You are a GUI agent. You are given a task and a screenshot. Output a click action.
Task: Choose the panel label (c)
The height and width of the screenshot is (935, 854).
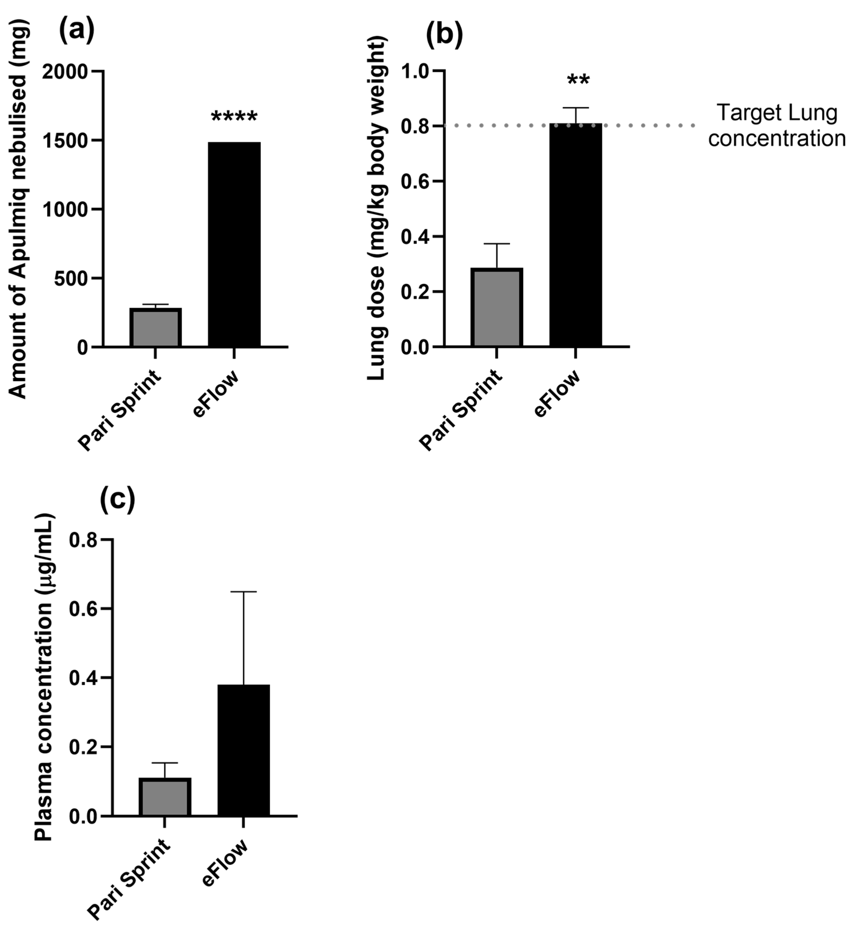[x=117, y=500]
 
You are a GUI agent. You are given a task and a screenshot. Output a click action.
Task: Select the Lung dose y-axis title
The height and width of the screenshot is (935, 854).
[x=377, y=209]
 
